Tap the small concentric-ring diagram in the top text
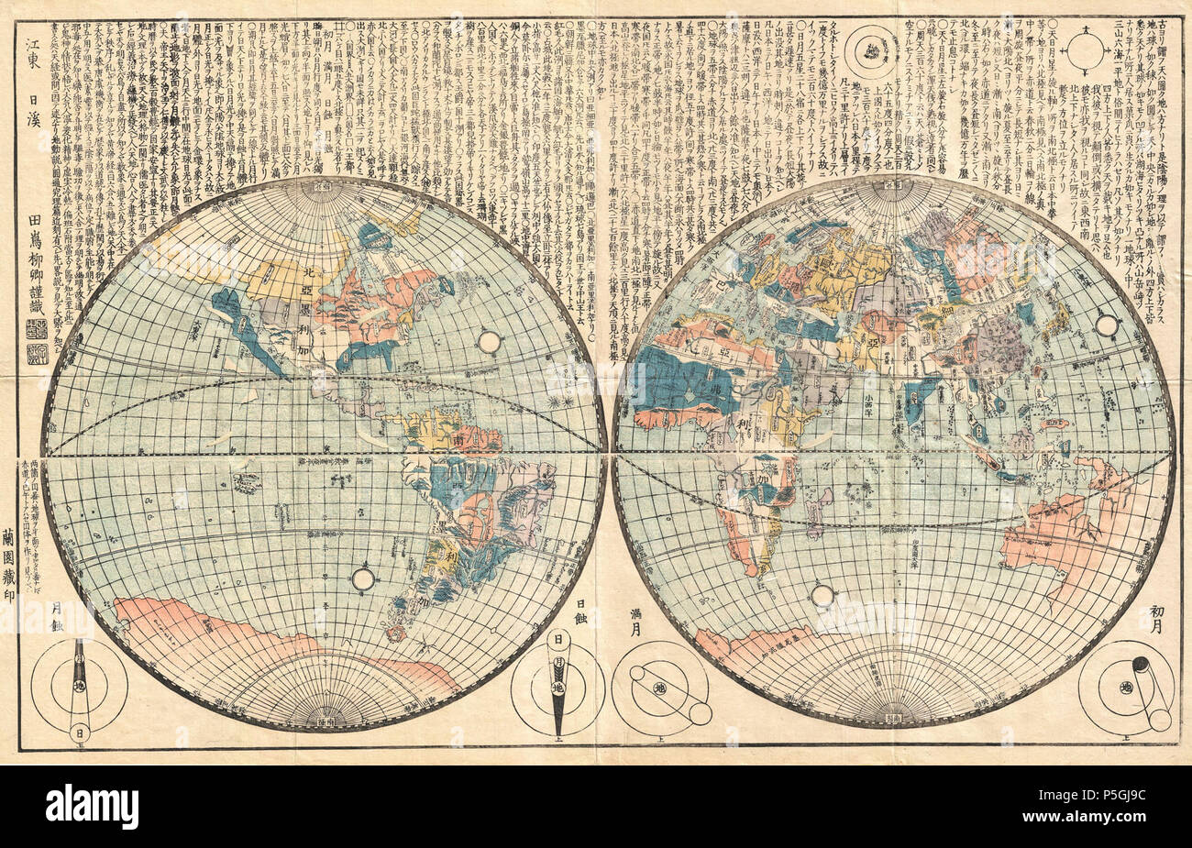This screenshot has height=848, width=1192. [869, 47]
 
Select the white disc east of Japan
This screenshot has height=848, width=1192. [1107, 325]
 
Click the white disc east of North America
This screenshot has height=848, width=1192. [489, 343]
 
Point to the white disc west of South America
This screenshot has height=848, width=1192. [364, 578]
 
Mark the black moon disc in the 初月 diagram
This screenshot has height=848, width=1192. [1142, 665]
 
